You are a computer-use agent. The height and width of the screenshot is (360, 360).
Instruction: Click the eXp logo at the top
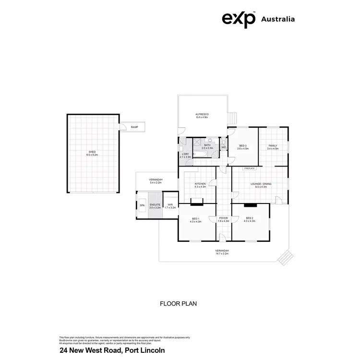pos(238,19)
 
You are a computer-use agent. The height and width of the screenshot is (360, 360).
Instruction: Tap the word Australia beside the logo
pos(277,19)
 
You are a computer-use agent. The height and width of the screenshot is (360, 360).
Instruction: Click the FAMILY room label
pos(273,145)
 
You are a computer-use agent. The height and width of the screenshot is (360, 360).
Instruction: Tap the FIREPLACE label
pos(249,168)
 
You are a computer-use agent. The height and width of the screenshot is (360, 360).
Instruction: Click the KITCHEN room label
pos(200,184)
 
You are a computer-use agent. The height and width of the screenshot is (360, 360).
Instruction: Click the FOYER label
pos(223,218)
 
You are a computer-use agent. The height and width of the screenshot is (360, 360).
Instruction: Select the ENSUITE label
pos(155,205)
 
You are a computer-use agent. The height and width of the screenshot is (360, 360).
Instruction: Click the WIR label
pos(170,205)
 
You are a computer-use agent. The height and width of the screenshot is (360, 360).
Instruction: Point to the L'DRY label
pos(185,154)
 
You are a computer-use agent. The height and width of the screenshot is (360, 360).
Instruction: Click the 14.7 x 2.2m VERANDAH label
pos(222,251)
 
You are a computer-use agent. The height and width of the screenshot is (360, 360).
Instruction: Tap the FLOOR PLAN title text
pos(178,303)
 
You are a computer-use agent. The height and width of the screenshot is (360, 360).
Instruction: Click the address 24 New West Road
pos(112,350)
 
